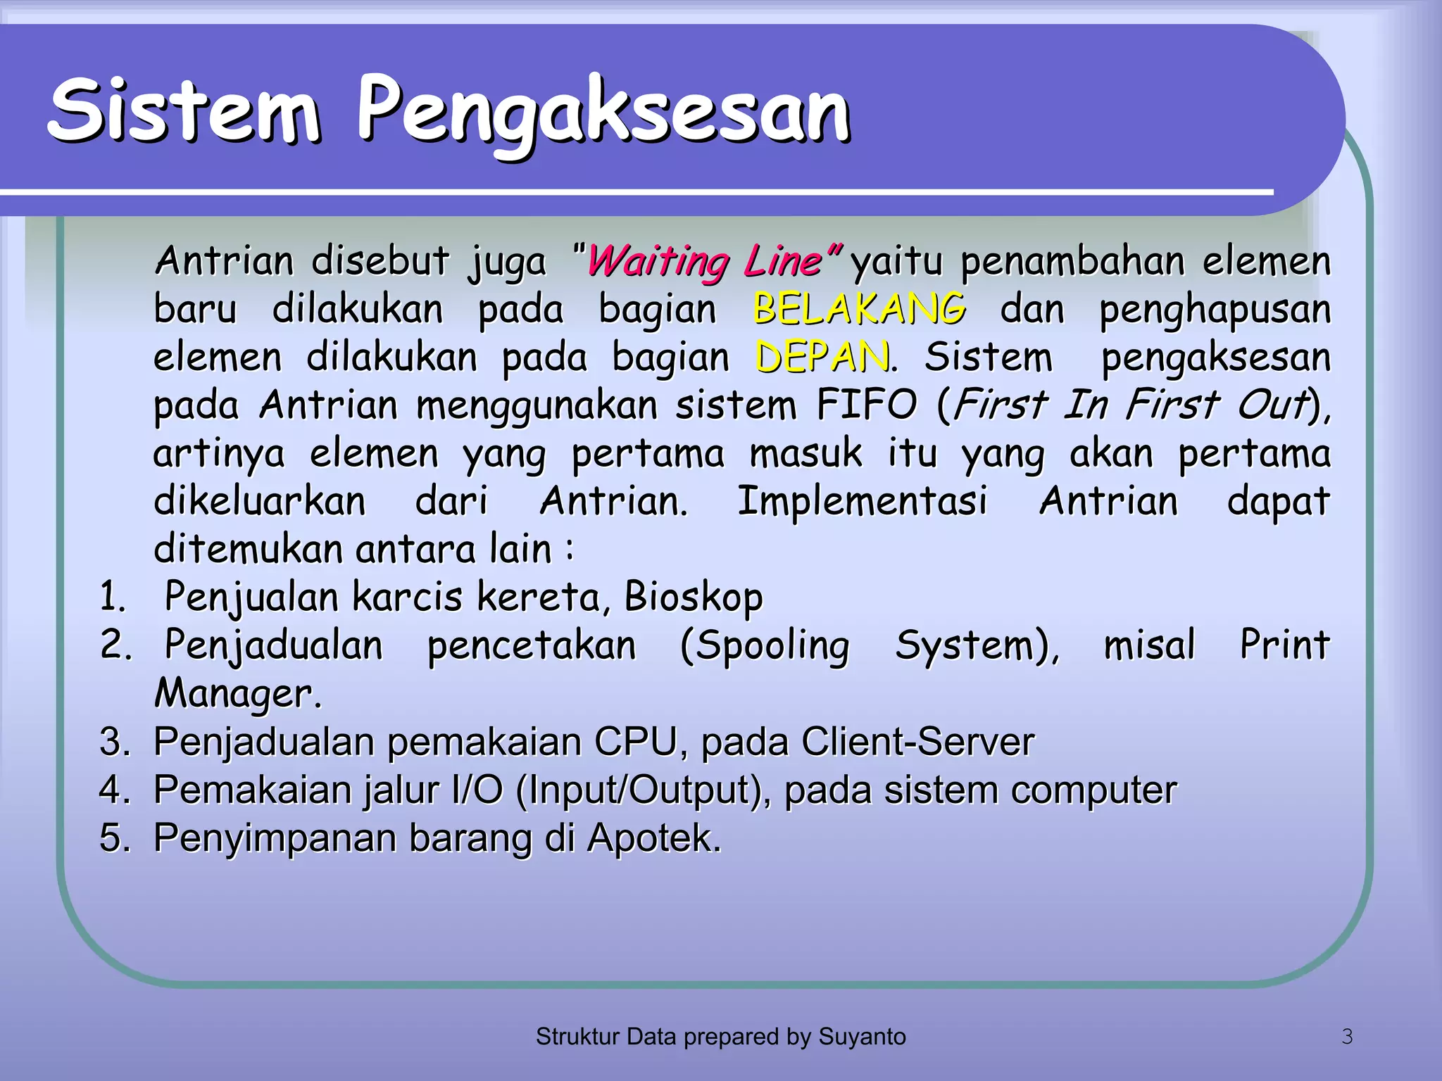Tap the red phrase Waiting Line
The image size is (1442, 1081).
[704, 262]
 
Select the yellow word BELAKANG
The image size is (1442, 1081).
[859, 310]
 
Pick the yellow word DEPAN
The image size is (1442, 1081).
[821, 358]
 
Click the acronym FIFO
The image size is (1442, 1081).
[866, 405]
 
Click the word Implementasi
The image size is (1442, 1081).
[862, 501]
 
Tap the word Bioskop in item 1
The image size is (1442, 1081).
[693, 597]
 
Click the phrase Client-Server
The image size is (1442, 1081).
[917, 742]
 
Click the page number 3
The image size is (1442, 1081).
[1347, 1037]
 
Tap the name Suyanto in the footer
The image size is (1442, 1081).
[861, 1037]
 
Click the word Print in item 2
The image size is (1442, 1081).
[1284, 645]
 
